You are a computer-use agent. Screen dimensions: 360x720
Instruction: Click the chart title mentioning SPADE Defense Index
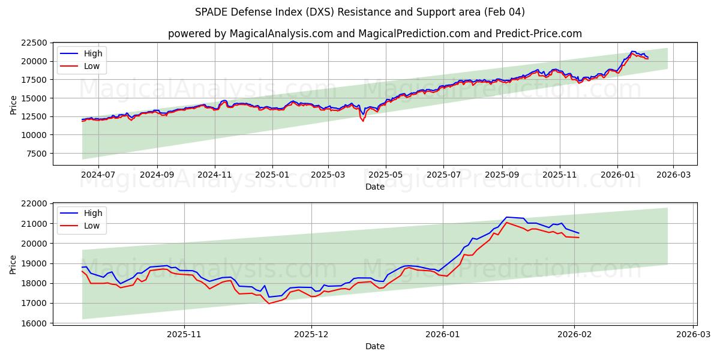[x=360, y=12]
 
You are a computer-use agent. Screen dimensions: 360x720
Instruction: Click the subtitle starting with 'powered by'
[x=374, y=34]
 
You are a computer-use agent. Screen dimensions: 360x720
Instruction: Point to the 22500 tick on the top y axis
[x=34, y=43]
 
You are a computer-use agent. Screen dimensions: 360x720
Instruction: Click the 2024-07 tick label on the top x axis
[x=99, y=175]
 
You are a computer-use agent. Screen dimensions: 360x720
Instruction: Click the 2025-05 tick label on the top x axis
[x=385, y=175]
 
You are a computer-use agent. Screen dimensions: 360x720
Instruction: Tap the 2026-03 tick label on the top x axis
[x=673, y=175]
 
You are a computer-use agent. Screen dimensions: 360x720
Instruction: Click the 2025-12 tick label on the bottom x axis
[x=312, y=334]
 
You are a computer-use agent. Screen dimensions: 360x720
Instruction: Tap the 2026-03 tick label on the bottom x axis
[x=694, y=334]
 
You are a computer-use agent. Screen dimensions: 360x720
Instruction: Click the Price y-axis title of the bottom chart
[x=13, y=264]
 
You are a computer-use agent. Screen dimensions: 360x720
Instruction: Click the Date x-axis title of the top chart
[x=374, y=187]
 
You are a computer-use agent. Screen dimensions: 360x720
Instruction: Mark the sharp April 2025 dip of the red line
[x=362, y=121]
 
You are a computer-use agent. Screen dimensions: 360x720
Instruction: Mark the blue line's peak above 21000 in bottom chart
[x=506, y=217]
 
